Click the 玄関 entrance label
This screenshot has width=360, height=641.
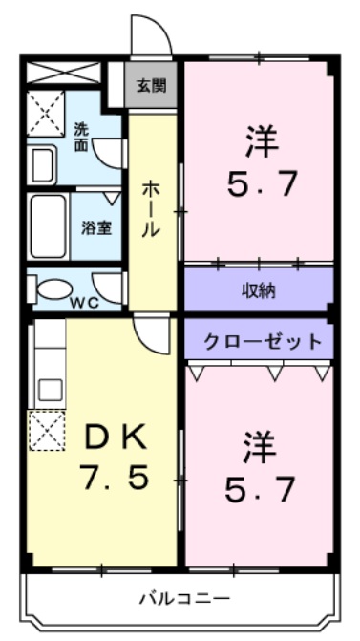151,87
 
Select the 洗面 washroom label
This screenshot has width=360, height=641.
82,136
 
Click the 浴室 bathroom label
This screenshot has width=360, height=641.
95,229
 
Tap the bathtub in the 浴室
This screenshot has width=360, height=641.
48,227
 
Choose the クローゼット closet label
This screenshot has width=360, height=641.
259,340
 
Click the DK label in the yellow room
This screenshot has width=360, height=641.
116,438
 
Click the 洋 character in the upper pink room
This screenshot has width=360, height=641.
261,141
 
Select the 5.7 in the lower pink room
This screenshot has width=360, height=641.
261,490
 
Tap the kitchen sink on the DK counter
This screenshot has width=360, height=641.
49,390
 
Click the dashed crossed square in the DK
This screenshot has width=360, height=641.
47,431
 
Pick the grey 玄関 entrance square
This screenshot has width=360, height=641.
151,86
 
